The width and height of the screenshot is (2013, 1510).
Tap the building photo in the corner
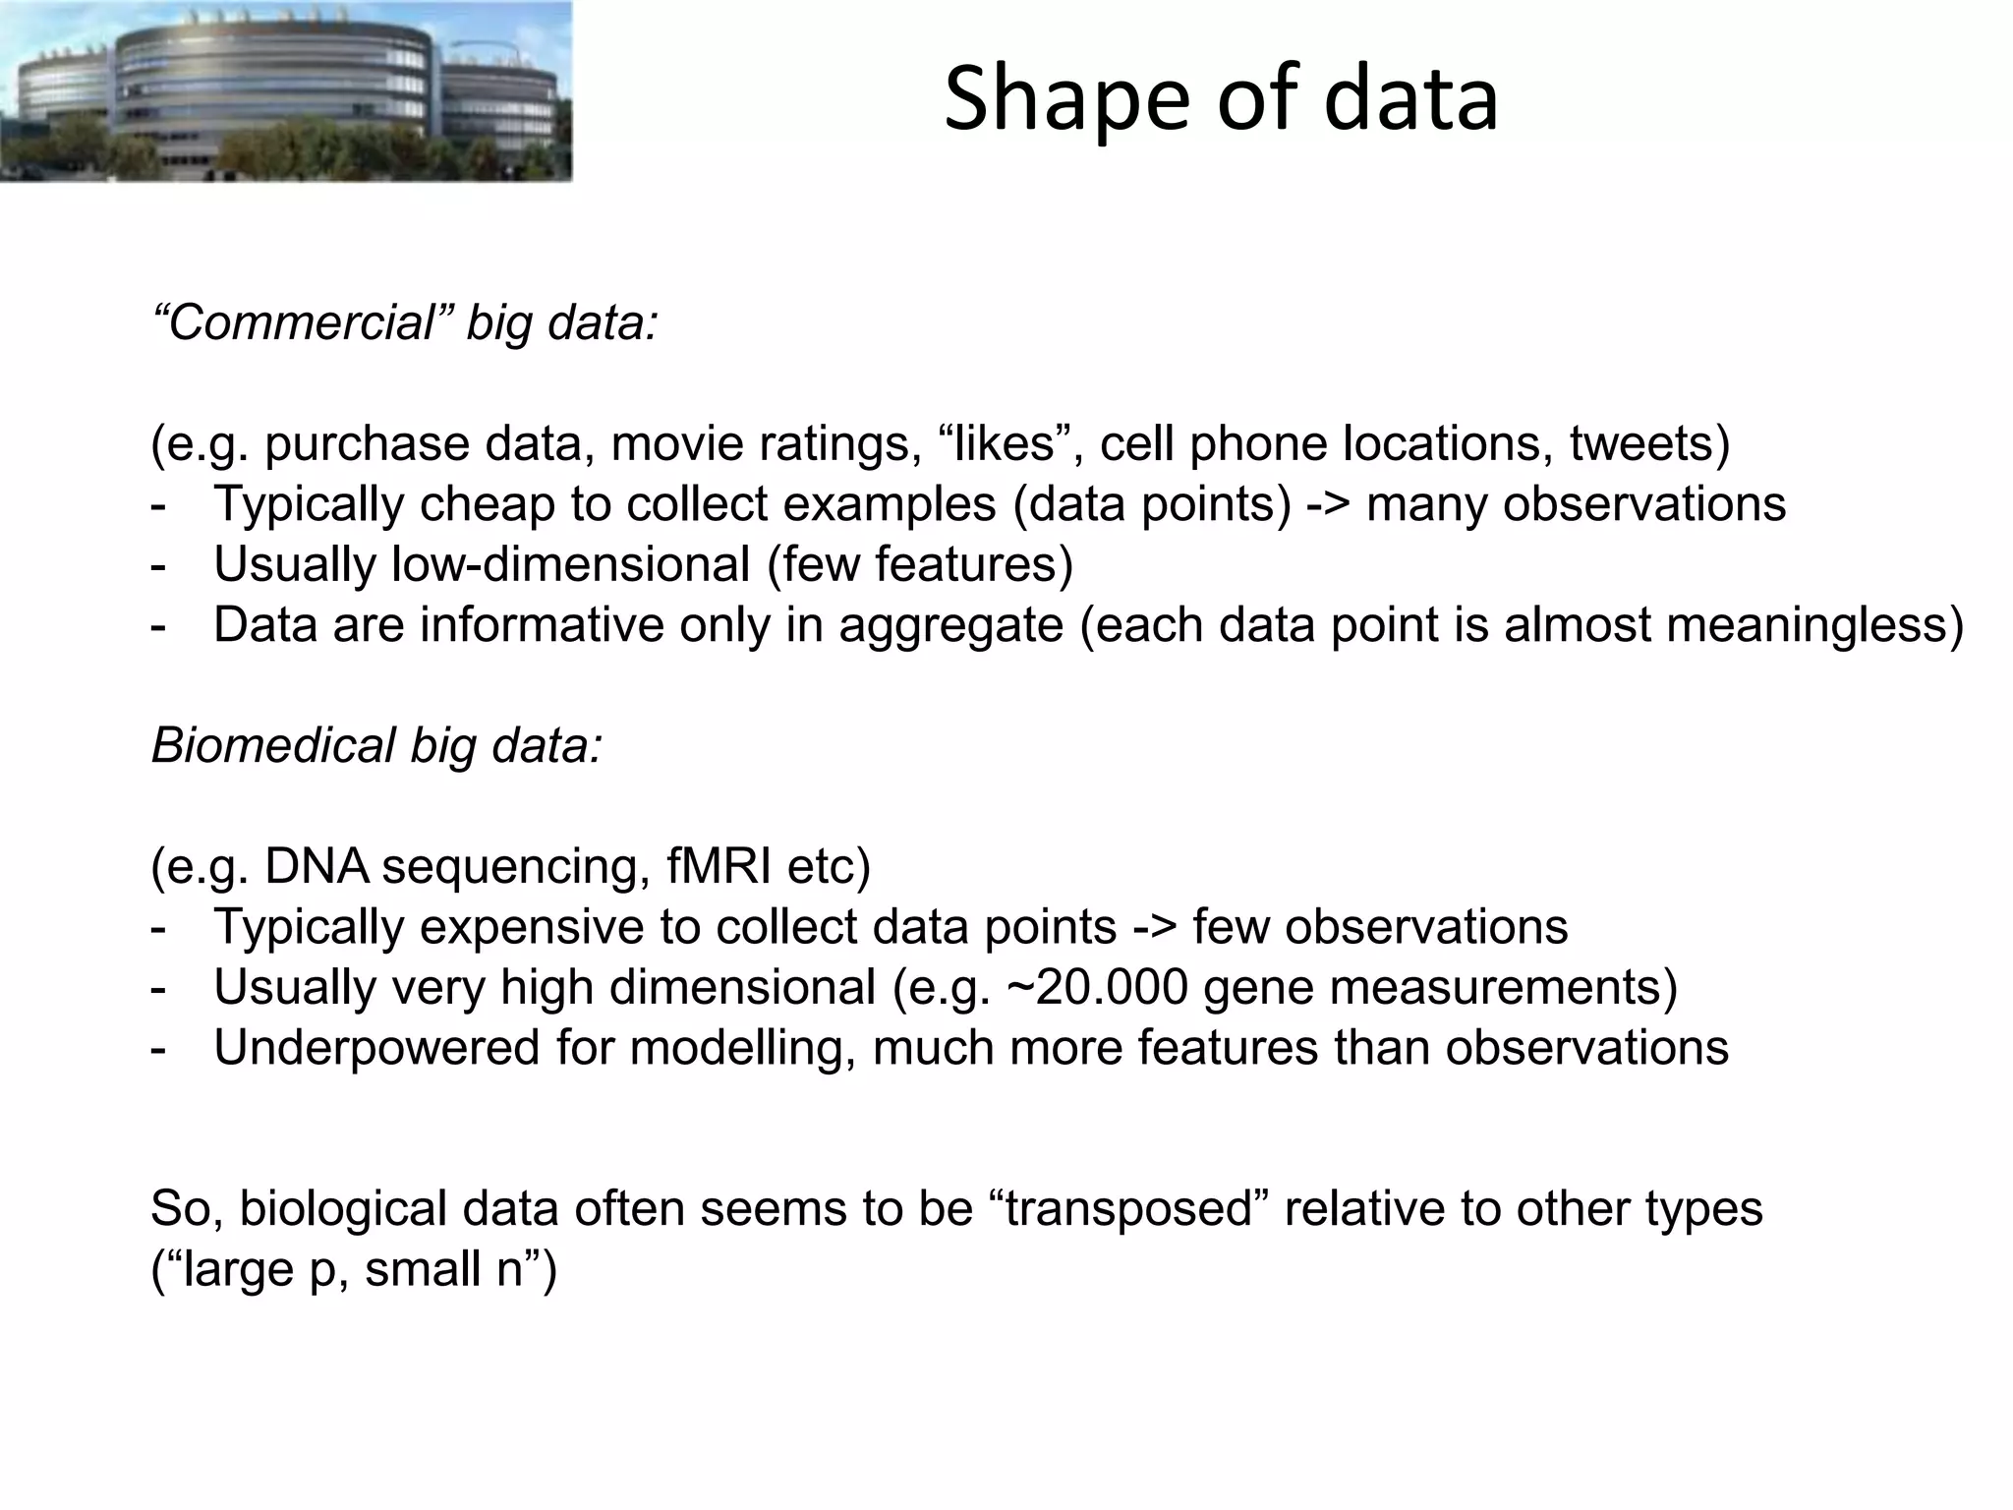point(285,90)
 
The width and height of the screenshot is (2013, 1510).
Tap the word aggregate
point(950,626)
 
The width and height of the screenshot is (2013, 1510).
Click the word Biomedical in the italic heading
point(272,745)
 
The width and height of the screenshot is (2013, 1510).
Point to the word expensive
point(553,927)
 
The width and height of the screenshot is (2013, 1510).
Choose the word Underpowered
point(376,1048)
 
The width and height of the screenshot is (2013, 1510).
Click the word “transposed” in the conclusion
point(1135,1208)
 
